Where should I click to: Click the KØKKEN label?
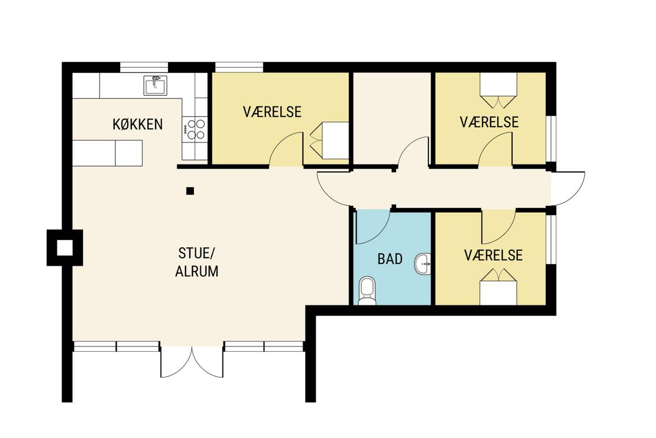coord(138,125)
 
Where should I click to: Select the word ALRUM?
coord(197,271)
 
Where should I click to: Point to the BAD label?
coord(390,259)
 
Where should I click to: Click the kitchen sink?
coord(155,85)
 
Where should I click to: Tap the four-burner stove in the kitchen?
coord(195,129)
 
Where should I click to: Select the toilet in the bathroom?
coord(367,291)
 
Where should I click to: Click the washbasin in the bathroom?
coord(422,264)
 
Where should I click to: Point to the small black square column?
coord(190,191)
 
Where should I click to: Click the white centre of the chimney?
coord(65,247)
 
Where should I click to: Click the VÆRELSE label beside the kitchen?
coord(272,112)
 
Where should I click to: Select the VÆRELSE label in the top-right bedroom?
coord(489,122)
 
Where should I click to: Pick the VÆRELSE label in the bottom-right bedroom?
coord(493,255)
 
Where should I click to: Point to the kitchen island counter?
coord(107,153)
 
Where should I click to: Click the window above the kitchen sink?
coord(144,67)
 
